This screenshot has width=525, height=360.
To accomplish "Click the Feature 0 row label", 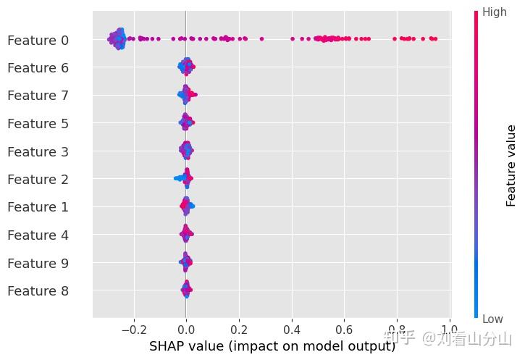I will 38,41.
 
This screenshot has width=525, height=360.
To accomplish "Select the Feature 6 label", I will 38,68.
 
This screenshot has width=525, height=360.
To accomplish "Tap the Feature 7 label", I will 38,96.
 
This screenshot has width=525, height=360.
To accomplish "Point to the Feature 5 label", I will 38,124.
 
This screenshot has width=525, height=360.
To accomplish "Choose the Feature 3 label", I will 38,151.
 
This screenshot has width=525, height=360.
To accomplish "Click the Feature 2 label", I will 38,179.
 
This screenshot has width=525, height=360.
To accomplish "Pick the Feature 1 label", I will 38,207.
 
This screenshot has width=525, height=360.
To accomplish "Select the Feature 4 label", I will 38,235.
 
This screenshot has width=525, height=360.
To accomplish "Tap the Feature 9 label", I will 38,263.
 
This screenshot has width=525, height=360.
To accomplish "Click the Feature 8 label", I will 38,290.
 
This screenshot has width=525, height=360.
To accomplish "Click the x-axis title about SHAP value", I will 272,346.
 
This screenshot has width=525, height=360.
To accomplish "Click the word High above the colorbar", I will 495,12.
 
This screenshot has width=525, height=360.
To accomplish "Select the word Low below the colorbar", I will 493,319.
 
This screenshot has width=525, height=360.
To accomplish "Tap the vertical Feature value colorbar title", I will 511,165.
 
